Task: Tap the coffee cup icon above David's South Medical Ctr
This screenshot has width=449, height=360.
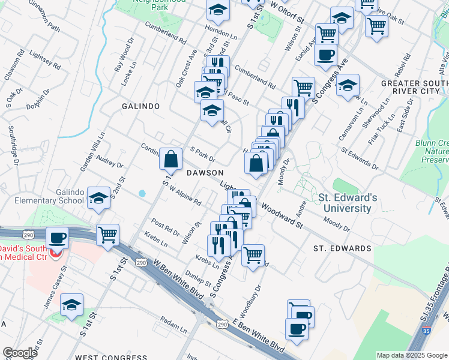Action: pyautogui.click(x=58, y=238)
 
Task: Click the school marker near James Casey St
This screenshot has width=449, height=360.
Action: pyautogui.click(x=71, y=304)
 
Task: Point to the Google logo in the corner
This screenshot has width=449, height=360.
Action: pyautogui.click(x=20, y=353)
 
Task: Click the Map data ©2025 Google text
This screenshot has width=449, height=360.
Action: pyautogui.click(x=412, y=355)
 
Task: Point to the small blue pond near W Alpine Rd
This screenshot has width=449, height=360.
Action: pyautogui.click(x=142, y=194)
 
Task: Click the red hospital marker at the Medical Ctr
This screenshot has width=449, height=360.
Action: pyautogui.click(x=56, y=253)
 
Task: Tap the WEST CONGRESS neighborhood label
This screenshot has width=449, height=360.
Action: pyautogui.click(x=112, y=357)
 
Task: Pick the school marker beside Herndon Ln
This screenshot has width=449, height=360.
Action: pyautogui.click(x=218, y=10)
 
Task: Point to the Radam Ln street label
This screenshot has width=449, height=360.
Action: pyautogui.click(x=174, y=325)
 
